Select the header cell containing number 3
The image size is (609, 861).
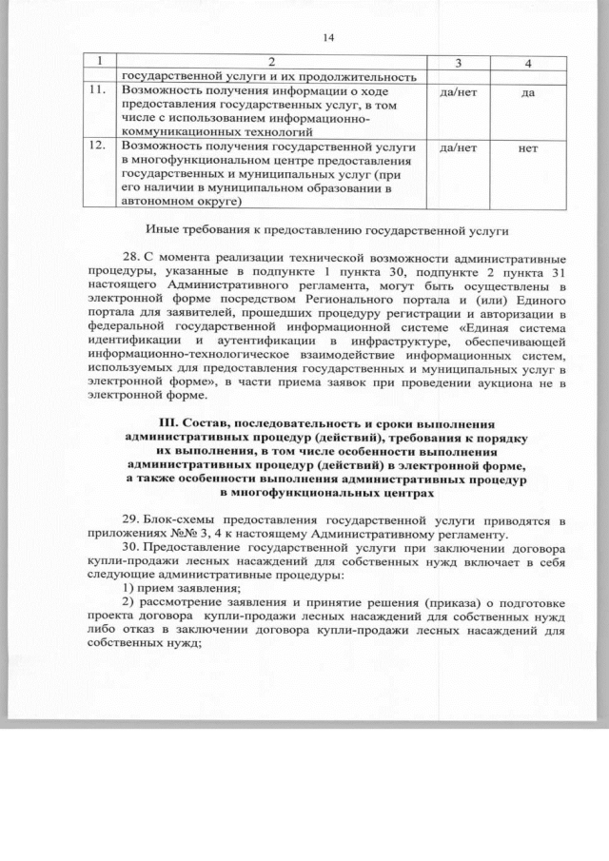tap(458, 62)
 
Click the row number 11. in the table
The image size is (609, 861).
tap(95, 90)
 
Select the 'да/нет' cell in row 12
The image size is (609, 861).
tap(459, 149)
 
